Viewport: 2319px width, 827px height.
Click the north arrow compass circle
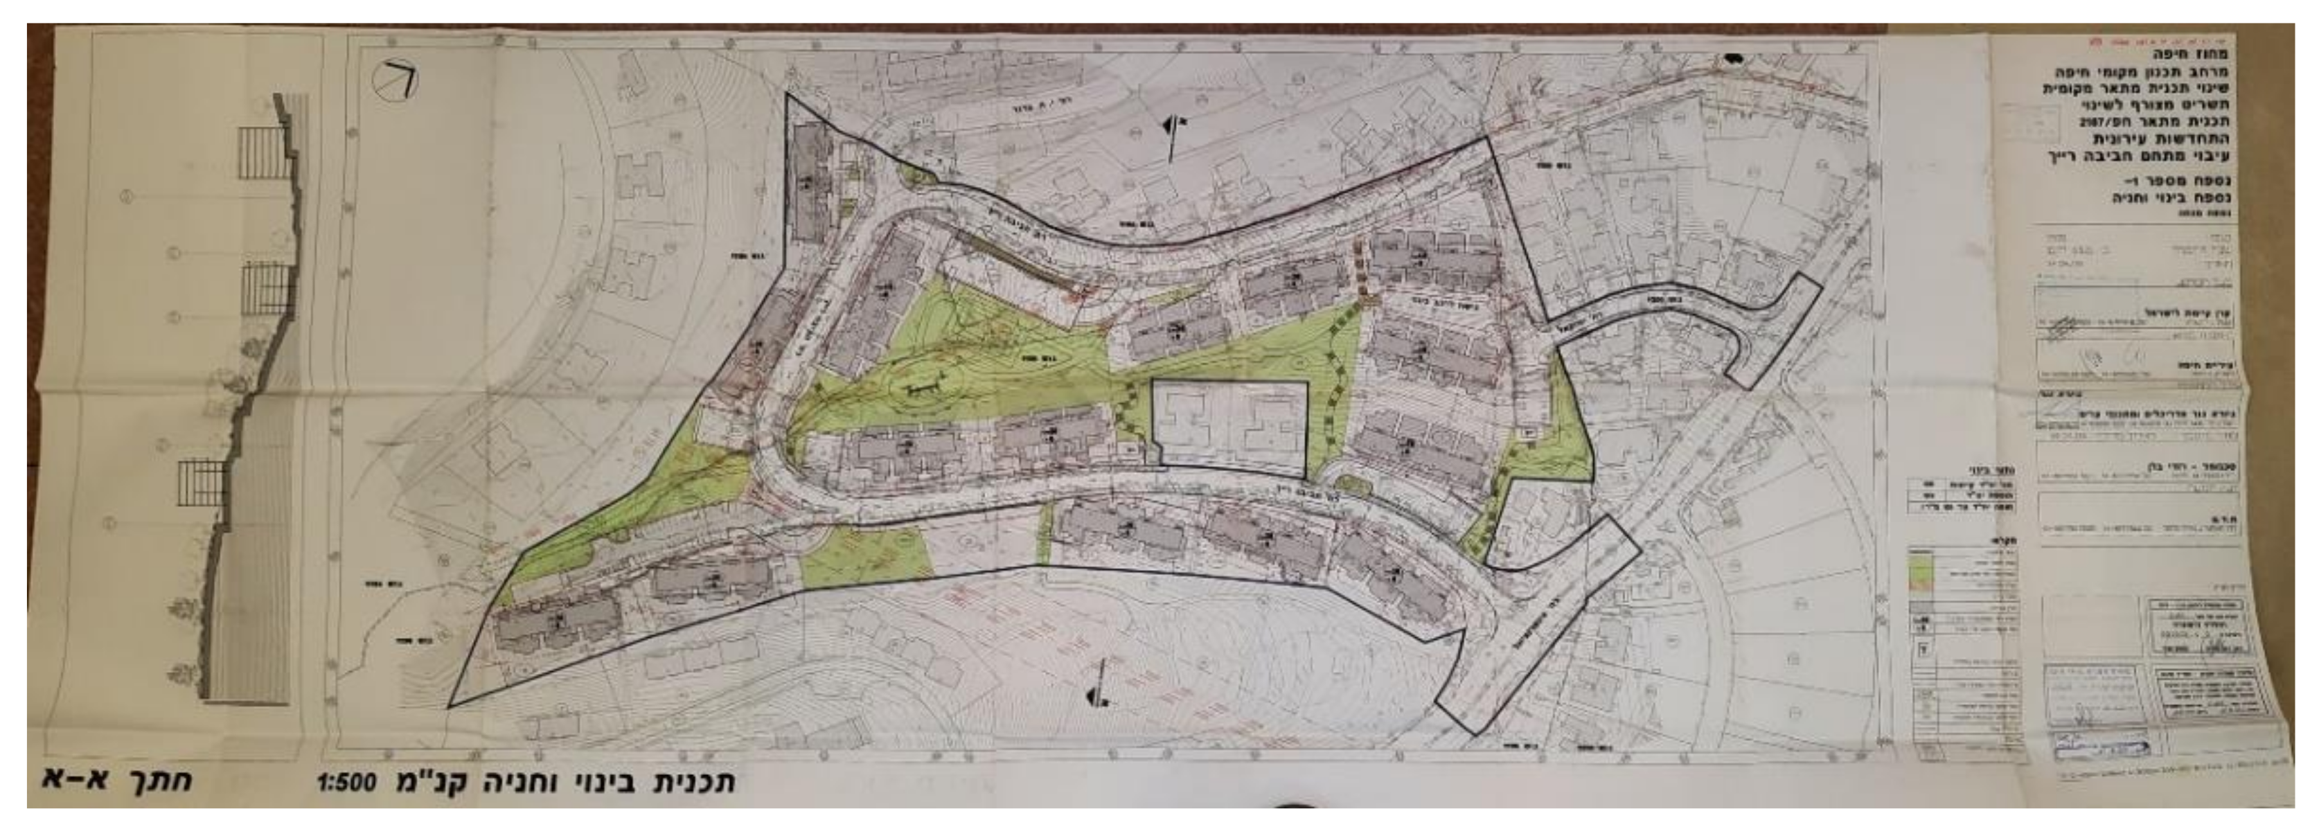point(397,81)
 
